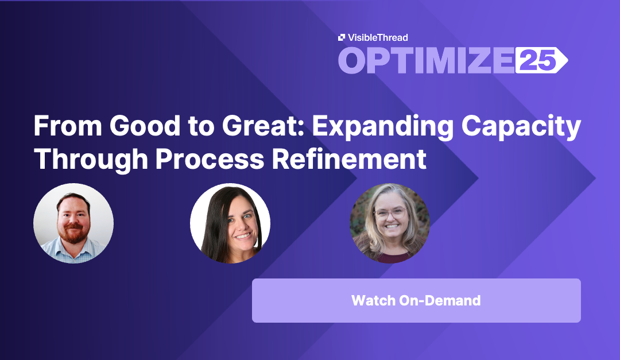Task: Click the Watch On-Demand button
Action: [416, 300]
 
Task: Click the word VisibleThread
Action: [377, 37]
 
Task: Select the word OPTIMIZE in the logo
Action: [425, 60]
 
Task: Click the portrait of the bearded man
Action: [73, 223]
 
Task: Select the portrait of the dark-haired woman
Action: [230, 223]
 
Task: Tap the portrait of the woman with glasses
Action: [390, 223]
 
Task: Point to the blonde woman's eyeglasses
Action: [390, 214]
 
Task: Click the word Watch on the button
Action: [374, 300]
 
